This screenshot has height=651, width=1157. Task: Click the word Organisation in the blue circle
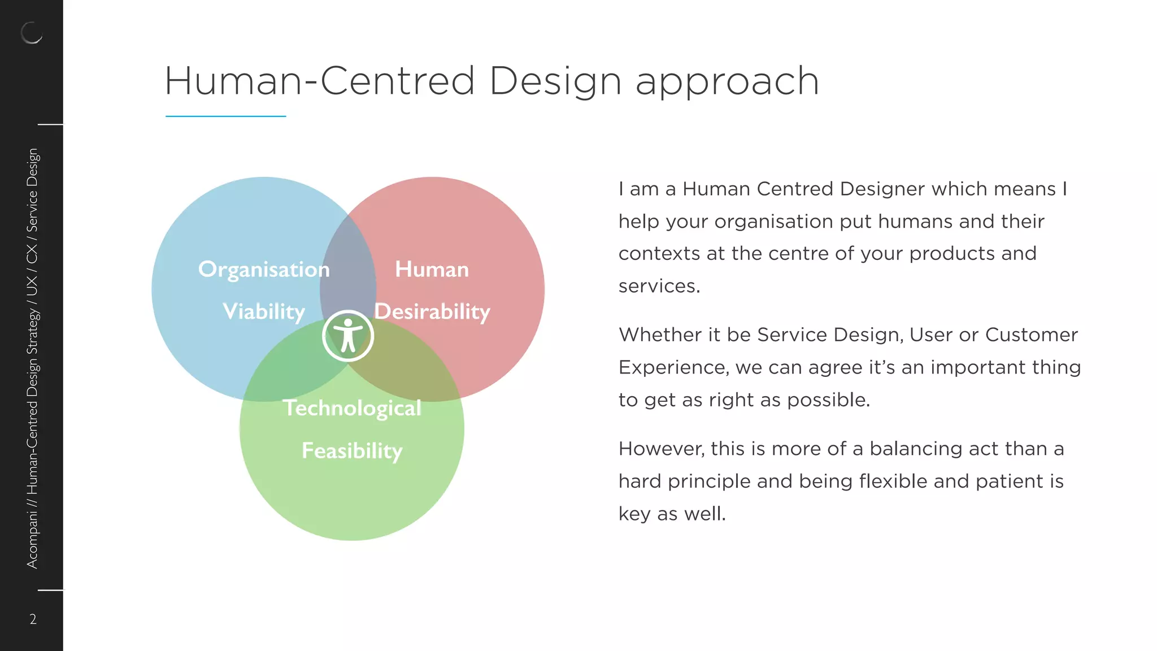point(263,270)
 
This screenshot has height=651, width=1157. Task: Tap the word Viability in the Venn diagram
point(263,312)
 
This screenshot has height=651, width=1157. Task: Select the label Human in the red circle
point(432,270)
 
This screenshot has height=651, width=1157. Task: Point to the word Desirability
point(432,312)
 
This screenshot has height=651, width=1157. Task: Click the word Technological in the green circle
point(352,408)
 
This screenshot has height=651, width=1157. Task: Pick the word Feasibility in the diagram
point(352,451)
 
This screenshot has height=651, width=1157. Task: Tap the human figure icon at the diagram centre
point(348,336)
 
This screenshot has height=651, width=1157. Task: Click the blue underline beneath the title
point(225,116)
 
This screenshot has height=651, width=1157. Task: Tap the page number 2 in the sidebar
point(33,619)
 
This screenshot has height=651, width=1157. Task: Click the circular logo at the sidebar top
point(32,33)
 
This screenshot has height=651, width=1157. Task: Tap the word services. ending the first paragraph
point(659,287)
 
